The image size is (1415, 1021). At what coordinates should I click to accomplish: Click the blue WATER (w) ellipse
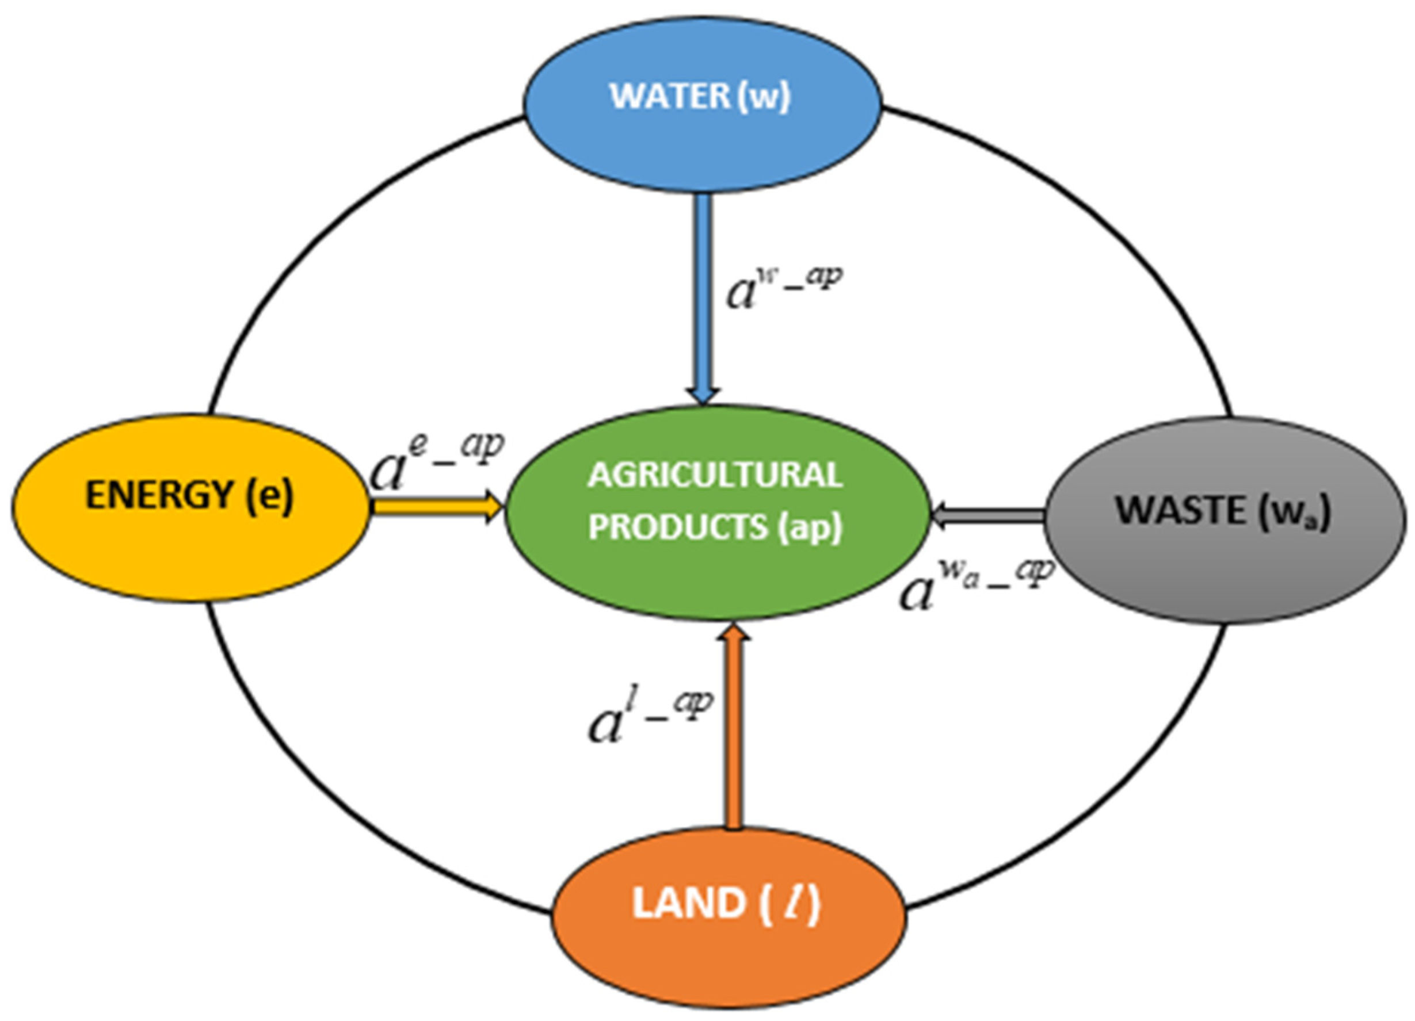pyautogui.click(x=702, y=143)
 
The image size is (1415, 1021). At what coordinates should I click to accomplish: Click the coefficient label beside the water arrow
pyautogui.click(x=783, y=287)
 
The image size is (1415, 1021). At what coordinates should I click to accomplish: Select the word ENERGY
pyautogui.click(x=159, y=496)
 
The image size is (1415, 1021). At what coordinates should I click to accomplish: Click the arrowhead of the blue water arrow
pyautogui.click(x=704, y=396)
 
